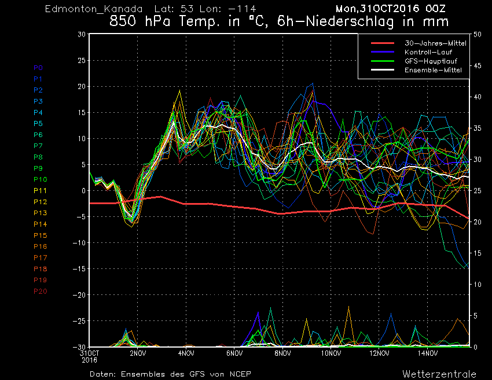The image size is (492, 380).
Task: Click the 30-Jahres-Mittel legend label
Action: (x=435, y=43)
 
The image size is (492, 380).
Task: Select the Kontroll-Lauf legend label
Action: (x=428, y=52)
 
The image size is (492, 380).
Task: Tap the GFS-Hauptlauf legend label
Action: (x=431, y=61)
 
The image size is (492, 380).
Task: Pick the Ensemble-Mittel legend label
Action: (x=433, y=70)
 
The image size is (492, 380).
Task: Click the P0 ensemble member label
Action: (x=38, y=68)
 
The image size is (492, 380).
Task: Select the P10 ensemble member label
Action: (x=40, y=179)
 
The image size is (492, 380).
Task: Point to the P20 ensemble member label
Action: (x=40, y=292)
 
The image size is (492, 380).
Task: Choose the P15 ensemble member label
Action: (x=40, y=235)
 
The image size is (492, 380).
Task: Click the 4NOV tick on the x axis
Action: (x=186, y=353)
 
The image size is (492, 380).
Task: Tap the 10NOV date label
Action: (x=331, y=353)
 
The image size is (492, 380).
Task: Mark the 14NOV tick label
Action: (x=427, y=353)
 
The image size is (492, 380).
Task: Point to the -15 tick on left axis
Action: (x=79, y=269)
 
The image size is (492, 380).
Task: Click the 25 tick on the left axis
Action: (x=82, y=60)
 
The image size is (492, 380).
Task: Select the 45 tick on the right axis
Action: (x=478, y=65)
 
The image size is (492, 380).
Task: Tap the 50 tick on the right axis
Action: (x=478, y=35)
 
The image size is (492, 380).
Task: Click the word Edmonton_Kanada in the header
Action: (x=94, y=9)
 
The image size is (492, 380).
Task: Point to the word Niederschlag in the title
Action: (x=350, y=21)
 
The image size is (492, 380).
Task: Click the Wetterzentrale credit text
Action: (x=439, y=374)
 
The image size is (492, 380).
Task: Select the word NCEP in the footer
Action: (x=240, y=374)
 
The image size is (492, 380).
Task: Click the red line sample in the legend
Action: (x=383, y=43)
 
